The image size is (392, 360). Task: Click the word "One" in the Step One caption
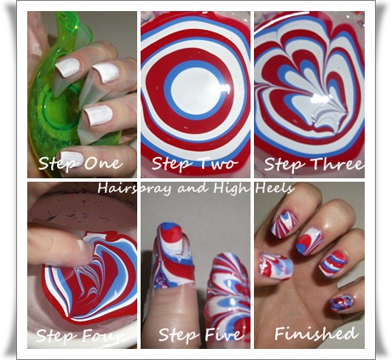point(104,163)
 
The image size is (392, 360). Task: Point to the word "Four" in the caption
point(104,335)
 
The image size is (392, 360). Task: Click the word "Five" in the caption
point(224,334)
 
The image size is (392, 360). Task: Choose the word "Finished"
point(314,334)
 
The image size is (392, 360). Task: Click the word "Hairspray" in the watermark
point(134,189)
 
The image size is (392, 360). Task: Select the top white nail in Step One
point(67,67)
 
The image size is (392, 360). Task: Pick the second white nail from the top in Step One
point(106,73)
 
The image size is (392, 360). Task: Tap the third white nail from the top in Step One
point(98,115)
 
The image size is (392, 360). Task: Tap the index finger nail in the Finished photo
point(284,224)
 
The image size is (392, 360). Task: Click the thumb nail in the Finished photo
point(275,265)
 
